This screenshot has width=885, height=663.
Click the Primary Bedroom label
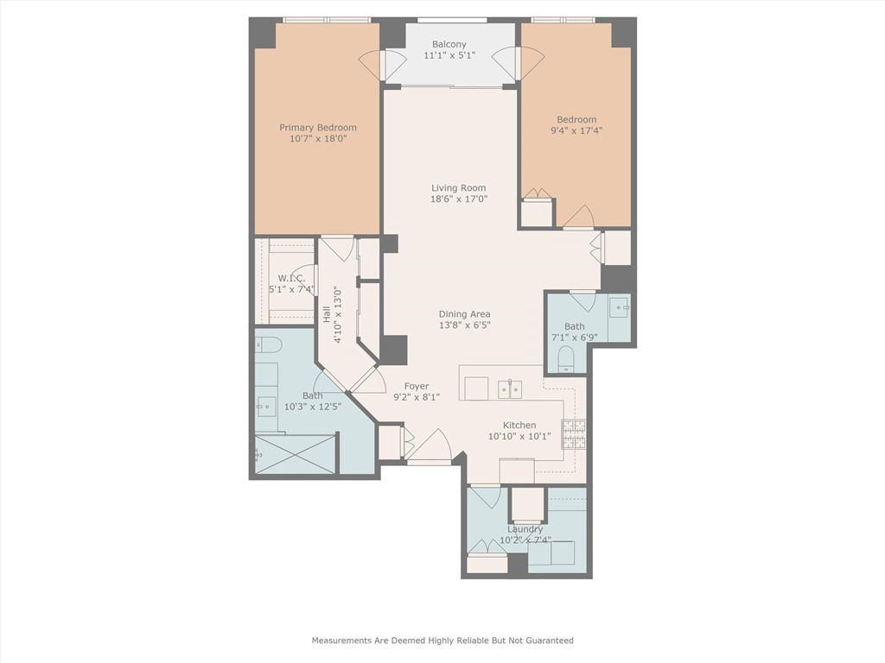pyautogui.click(x=317, y=128)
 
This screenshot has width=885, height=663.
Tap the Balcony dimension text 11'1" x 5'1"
pyautogui.click(x=449, y=56)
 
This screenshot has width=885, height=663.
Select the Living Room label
pyautogui.click(x=459, y=187)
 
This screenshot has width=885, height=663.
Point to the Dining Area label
pyautogui.click(x=465, y=314)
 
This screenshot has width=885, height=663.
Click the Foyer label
pyautogui.click(x=417, y=387)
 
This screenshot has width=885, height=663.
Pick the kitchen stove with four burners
pyautogui.click(x=574, y=433)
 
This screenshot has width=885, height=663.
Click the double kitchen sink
pyautogui.click(x=509, y=389)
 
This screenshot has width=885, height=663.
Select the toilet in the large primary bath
pyautogui.click(x=268, y=346)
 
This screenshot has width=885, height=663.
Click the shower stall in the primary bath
pyautogui.click(x=295, y=454)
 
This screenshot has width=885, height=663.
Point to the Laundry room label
pyautogui.click(x=525, y=529)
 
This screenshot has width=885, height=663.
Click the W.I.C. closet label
pyautogui.click(x=291, y=278)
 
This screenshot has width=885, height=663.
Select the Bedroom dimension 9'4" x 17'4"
pyautogui.click(x=576, y=131)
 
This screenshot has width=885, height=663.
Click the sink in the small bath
pyautogui.click(x=618, y=307)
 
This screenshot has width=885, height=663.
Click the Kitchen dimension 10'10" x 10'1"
pyautogui.click(x=519, y=436)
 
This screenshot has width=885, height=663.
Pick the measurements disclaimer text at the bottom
pyautogui.click(x=442, y=641)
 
